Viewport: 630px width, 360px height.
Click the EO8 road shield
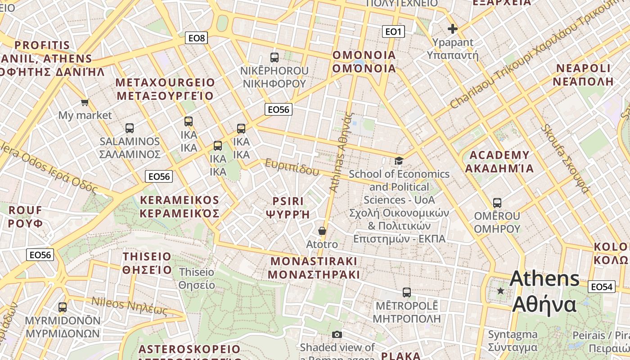click(197, 38)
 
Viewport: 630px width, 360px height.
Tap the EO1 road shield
click(393, 31)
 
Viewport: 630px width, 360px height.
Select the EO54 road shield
click(602, 287)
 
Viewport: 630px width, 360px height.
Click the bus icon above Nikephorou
click(274, 57)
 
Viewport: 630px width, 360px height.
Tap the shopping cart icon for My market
click(85, 103)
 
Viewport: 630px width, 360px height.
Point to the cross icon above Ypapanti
click(452, 29)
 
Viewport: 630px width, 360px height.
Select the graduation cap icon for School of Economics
click(399, 161)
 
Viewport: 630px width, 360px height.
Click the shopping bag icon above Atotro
click(322, 231)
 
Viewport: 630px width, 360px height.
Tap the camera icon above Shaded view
click(337, 334)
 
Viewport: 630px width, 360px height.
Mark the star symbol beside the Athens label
click(500, 291)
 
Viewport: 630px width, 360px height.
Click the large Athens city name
click(544, 291)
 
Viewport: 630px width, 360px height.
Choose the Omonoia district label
click(364, 62)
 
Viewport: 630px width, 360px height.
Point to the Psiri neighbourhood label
click(288, 207)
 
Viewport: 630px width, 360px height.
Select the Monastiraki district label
click(314, 268)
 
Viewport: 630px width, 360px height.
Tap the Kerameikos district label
click(180, 207)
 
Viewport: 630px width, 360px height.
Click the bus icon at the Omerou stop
click(497, 203)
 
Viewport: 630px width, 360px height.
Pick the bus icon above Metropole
click(407, 292)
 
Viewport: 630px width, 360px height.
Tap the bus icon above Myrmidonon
click(63, 307)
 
